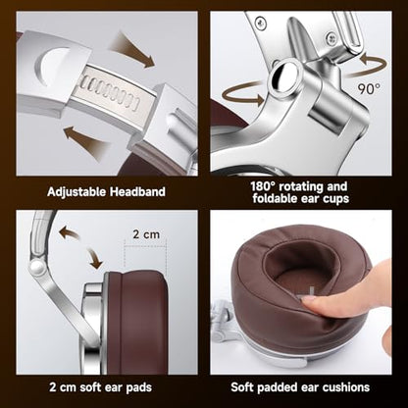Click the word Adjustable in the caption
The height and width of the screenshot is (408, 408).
76,192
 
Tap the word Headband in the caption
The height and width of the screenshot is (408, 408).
137,191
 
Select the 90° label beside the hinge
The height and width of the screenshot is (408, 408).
369,88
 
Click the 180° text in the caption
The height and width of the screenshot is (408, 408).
263,186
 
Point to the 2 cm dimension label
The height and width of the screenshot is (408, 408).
146,234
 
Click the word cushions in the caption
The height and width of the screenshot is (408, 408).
346,387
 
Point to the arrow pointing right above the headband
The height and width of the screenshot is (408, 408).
132,50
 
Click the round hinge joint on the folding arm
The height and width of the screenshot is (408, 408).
36,267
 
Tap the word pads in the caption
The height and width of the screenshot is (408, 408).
139,388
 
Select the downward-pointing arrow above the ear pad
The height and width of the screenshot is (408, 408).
94,258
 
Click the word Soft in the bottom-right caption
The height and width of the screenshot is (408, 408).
242,387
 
